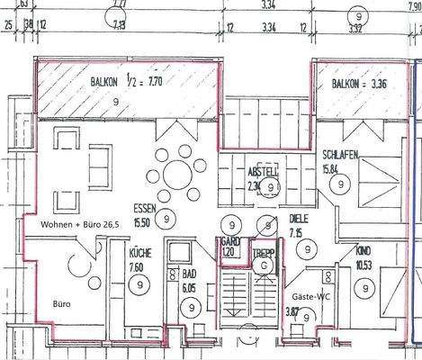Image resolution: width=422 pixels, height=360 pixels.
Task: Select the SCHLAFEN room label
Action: (x=340, y=156)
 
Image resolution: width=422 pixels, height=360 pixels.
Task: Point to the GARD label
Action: (x=231, y=243)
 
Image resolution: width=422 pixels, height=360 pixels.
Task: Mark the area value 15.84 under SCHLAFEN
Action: (x=335, y=167)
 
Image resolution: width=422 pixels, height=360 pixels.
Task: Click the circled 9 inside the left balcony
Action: (x=117, y=103)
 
